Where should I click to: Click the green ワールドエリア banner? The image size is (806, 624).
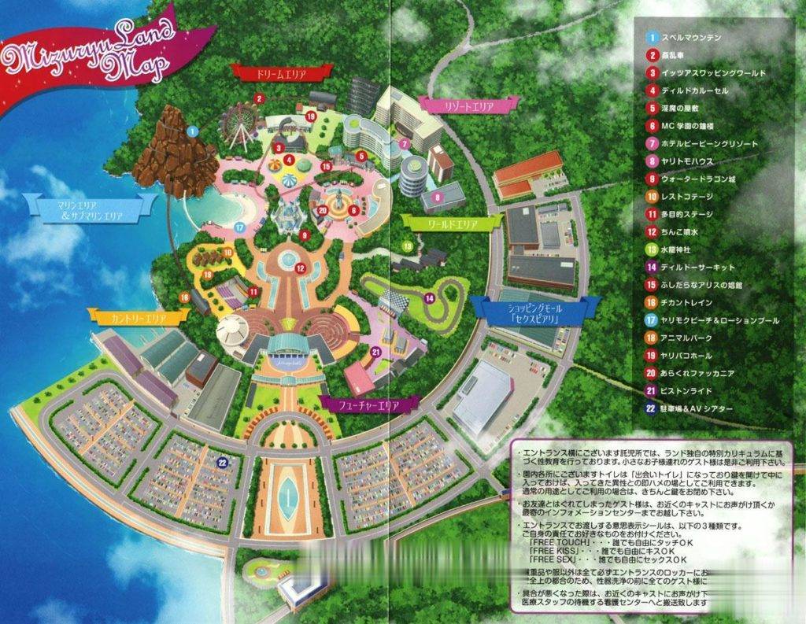[x=452, y=223]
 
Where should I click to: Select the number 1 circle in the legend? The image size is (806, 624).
[x=652, y=37]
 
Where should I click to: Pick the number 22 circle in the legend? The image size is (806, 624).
[x=652, y=407]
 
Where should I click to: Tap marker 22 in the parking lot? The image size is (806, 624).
[x=223, y=463]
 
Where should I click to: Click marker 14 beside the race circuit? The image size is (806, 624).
[x=430, y=297]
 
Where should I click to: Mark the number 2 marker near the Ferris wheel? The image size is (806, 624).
[x=258, y=99]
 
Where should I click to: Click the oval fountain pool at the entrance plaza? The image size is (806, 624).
[x=292, y=495]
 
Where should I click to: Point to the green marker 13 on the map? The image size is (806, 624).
[x=407, y=246]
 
